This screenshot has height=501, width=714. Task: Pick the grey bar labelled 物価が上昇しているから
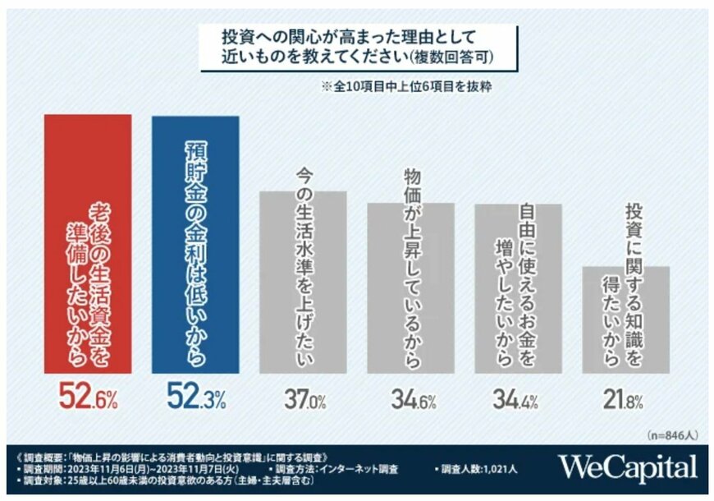pyautogui.click(x=410, y=287)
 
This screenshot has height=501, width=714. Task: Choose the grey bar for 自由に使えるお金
pyautogui.click(x=519, y=287)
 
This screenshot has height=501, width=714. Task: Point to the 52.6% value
pyautogui.click(x=88, y=400)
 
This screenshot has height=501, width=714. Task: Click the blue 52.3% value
pyautogui.click(x=195, y=400)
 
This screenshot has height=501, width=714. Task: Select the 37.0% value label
pyautogui.click(x=304, y=402)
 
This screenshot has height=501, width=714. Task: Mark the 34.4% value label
pyautogui.click(x=519, y=402)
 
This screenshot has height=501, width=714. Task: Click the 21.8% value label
pyautogui.click(x=626, y=402)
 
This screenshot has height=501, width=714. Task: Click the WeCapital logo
pyautogui.click(x=629, y=468)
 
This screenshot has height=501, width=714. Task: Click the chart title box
pyautogui.click(x=358, y=48)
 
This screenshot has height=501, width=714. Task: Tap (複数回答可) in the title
pyautogui.click(x=454, y=59)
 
